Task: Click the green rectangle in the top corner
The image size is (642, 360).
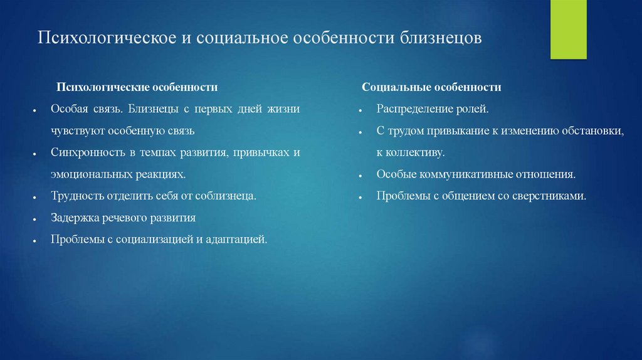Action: pyautogui.click(x=568, y=29)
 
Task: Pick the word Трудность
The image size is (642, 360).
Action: pyautogui.click(x=77, y=196)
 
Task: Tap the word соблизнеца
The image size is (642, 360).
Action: pyautogui.click(x=226, y=196)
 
